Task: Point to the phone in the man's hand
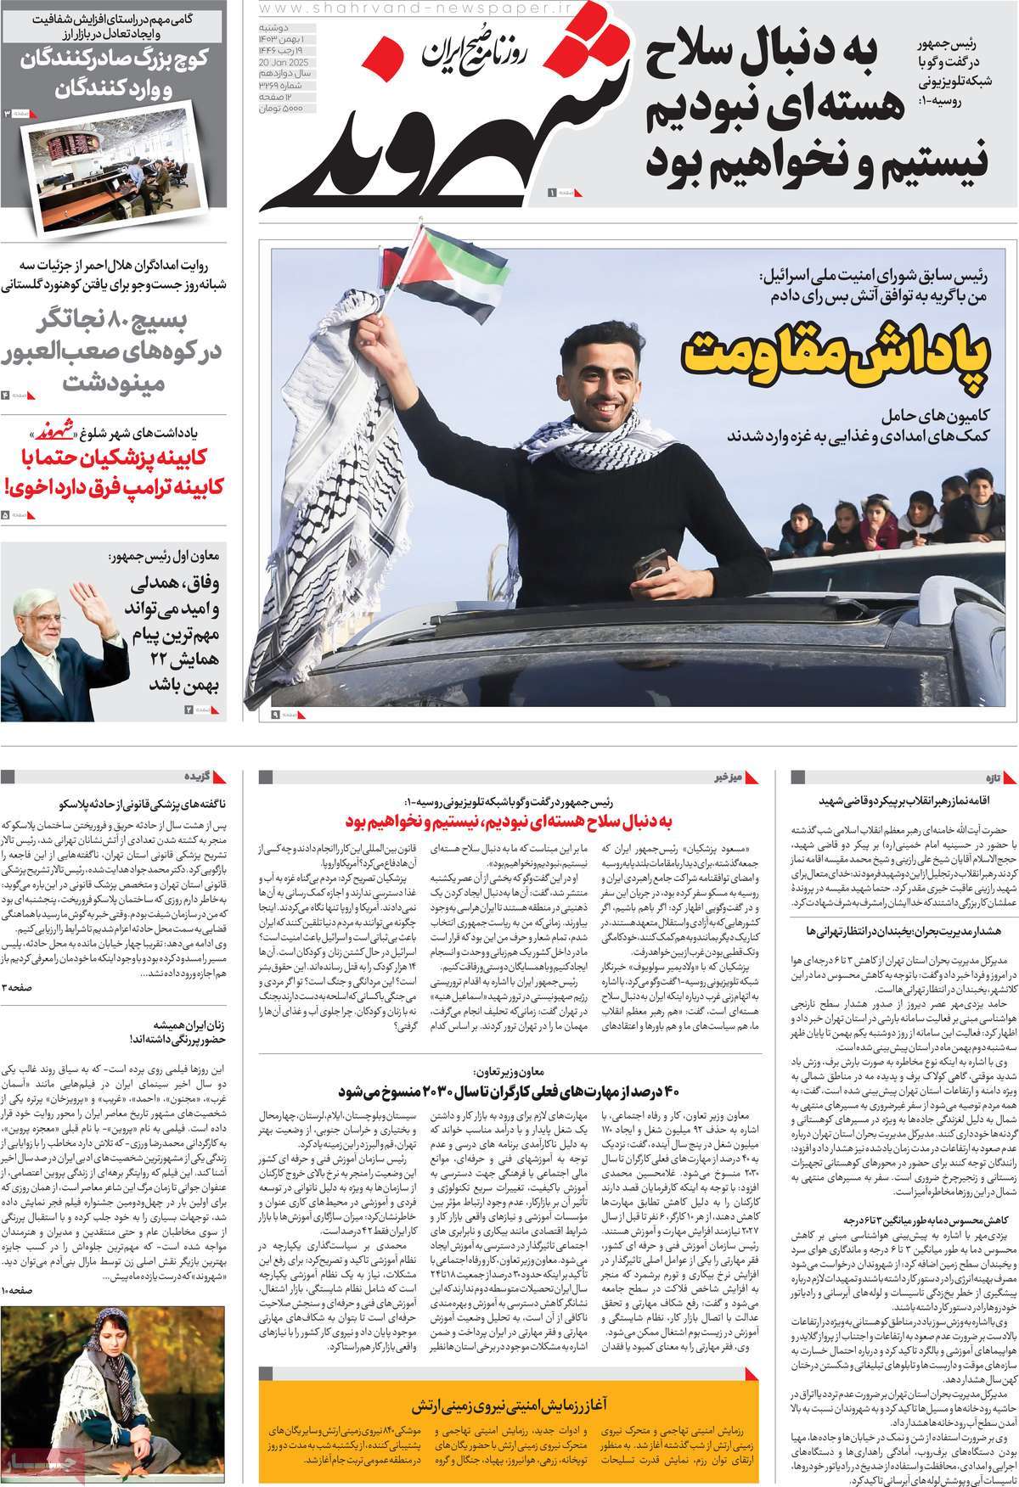click(652, 562)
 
